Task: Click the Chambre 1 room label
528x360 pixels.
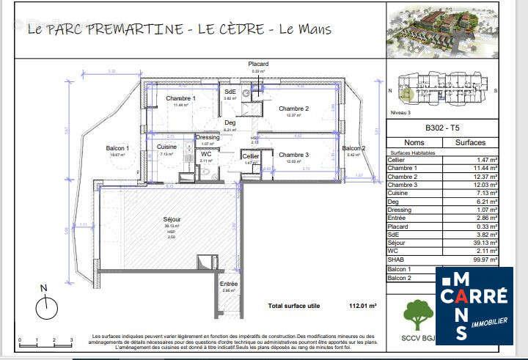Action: tap(180, 98)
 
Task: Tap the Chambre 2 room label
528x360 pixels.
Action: tap(293, 109)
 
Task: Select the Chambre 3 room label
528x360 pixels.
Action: tap(293, 155)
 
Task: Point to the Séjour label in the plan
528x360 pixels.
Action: tap(172, 219)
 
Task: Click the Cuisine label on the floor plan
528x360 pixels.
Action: tap(166, 147)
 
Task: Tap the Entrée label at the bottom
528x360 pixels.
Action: tap(229, 284)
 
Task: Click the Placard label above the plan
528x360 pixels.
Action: tap(257, 65)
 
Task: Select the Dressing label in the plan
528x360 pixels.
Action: tap(207, 137)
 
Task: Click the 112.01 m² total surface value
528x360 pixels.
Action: tap(362, 305)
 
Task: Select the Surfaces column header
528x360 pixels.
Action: tap(471, 143)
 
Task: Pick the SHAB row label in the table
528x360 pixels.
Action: tap(395, 260)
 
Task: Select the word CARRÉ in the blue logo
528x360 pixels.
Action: tap(474, 296)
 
